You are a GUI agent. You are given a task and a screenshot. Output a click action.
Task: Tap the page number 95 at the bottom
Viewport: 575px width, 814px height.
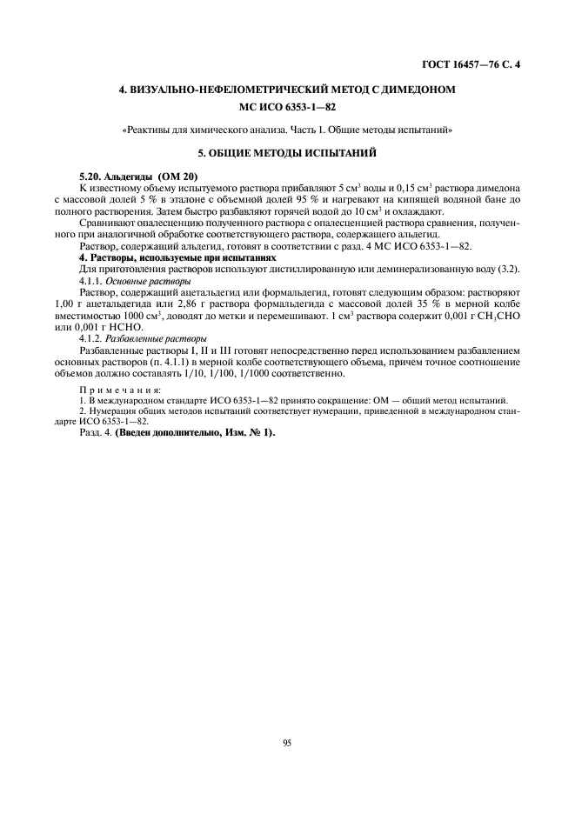pyautogui.click(x=286, y=742)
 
